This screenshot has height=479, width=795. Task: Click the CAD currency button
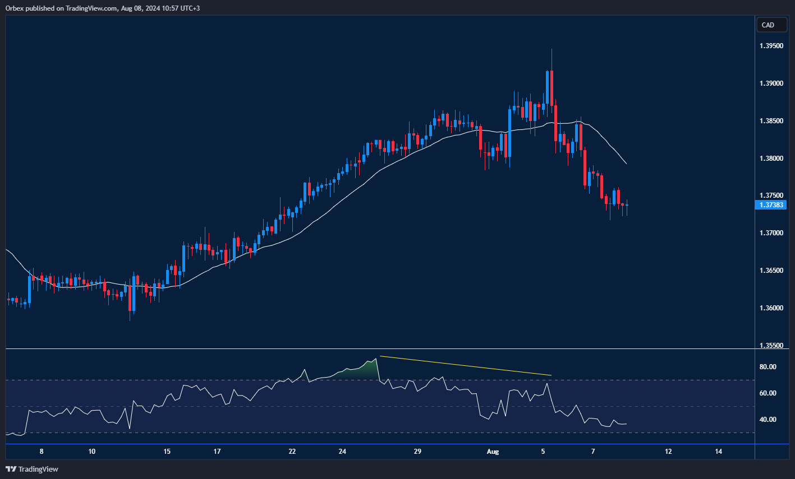[768, 25]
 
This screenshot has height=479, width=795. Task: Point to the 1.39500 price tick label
[771, 46]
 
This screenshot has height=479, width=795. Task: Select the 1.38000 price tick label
[771, 159]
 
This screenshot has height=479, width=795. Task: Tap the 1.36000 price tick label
[771, 309]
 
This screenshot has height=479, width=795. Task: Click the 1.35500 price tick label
[771, 346]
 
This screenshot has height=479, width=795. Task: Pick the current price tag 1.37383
[771, 205]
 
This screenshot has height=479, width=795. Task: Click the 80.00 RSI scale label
[768, 367]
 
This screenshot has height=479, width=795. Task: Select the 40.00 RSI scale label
[768, 420]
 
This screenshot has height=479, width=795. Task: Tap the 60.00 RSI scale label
[768, 393]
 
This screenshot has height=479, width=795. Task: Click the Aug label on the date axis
[493, 452]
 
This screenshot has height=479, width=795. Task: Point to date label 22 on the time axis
[292, 452]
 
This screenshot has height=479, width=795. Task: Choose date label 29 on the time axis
[417, 452]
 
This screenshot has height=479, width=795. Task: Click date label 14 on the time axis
[719, 452]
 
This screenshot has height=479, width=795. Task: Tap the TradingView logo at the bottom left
[32, 469]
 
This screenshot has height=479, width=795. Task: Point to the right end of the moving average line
[626, 164]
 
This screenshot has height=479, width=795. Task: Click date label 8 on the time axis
[42, 452]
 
